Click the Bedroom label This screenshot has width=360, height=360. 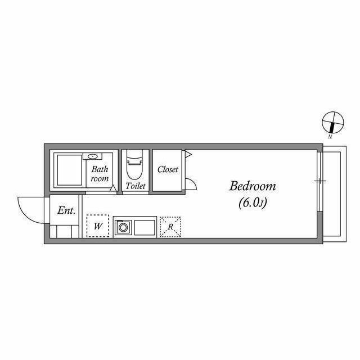253,186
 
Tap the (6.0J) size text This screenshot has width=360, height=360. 253,202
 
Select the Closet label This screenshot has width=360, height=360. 168,169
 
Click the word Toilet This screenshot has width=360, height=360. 136,186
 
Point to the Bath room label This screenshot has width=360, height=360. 100,174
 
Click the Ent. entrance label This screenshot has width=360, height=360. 66,210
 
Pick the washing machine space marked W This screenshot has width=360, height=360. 98,226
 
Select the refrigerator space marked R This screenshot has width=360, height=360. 170,227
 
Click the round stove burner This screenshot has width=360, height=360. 123,228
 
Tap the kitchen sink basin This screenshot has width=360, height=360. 145,227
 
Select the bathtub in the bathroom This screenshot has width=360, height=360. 70,170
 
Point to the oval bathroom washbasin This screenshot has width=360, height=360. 92,156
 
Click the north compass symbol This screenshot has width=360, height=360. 332,123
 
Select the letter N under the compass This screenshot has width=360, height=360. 330,137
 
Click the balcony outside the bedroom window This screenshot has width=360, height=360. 335,194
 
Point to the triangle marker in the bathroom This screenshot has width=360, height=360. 112,188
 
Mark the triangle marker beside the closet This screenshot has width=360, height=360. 188,154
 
